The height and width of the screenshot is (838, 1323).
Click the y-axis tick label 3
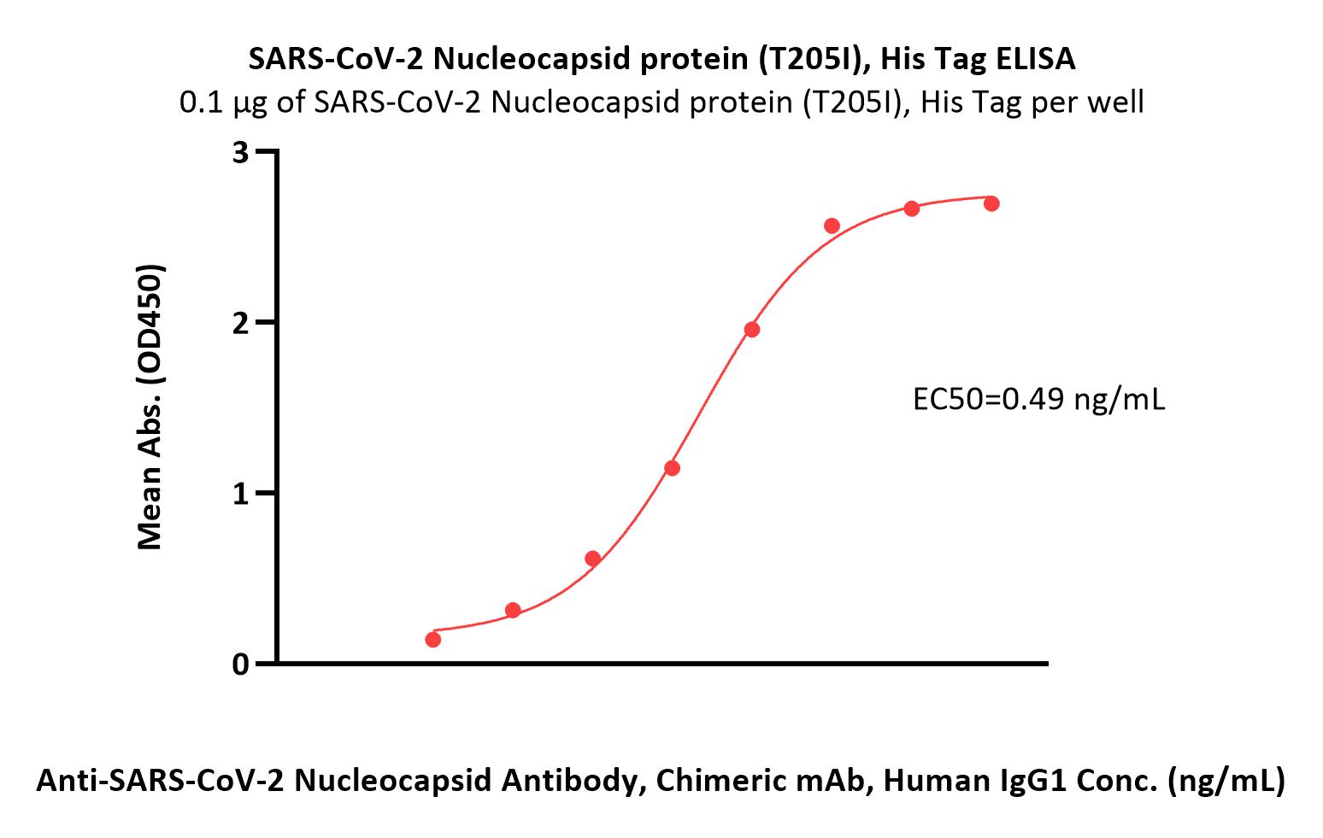pos(241,154)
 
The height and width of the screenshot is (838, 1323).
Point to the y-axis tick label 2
pos(241,324)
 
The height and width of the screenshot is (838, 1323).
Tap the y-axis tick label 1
pos(241,494)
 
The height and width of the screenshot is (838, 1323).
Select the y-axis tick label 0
pos(241,665)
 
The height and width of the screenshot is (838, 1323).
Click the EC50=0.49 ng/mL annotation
pos(1039,400)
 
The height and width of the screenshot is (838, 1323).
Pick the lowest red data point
pos(433,640)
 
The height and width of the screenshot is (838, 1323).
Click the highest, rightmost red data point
pos(991,203)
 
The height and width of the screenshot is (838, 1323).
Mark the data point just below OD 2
pos(752,330)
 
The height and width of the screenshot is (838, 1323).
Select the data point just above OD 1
pos(672,469)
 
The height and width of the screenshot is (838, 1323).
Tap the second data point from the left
pos(514,610)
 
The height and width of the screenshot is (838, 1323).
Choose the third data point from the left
pos(592,559)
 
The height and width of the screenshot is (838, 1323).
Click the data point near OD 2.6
pos(832,226)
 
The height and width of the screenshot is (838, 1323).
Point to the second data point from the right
pos(912,208)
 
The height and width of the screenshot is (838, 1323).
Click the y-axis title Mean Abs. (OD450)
pos(150,407)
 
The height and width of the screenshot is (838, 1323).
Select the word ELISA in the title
pos(1037,59)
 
